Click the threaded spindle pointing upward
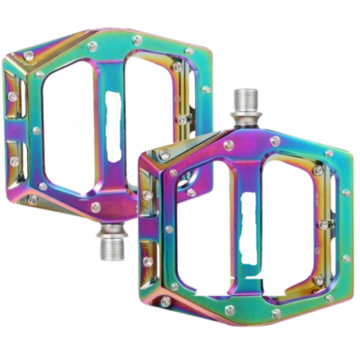[244, 108]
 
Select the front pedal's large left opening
[203, 223]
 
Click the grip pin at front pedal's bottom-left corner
[164, 301]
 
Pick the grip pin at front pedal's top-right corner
[329, 153]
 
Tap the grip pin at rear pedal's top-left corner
[29, 55]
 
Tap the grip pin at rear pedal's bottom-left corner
[32, 199]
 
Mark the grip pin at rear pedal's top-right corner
[190, 50]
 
